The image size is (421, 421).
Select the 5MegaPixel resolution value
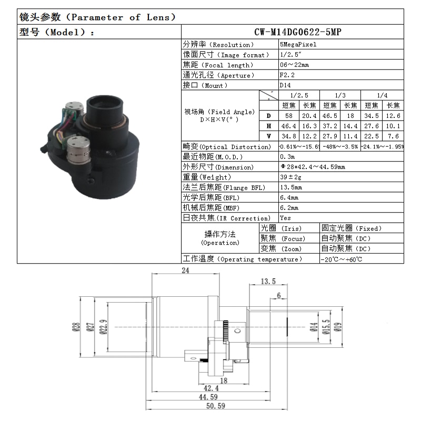(298, 45)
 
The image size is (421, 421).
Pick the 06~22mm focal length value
(295, 65)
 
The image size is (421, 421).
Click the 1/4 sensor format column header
(383, 95)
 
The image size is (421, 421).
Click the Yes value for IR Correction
(286, 218)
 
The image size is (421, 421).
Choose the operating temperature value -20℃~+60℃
(342, 259)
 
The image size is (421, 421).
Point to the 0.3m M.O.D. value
(287, 157)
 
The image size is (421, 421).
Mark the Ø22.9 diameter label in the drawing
(103, 327)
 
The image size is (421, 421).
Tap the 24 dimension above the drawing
(185, 270)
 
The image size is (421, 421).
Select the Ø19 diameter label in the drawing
(338, 327)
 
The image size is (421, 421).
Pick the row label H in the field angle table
(269, 126)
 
